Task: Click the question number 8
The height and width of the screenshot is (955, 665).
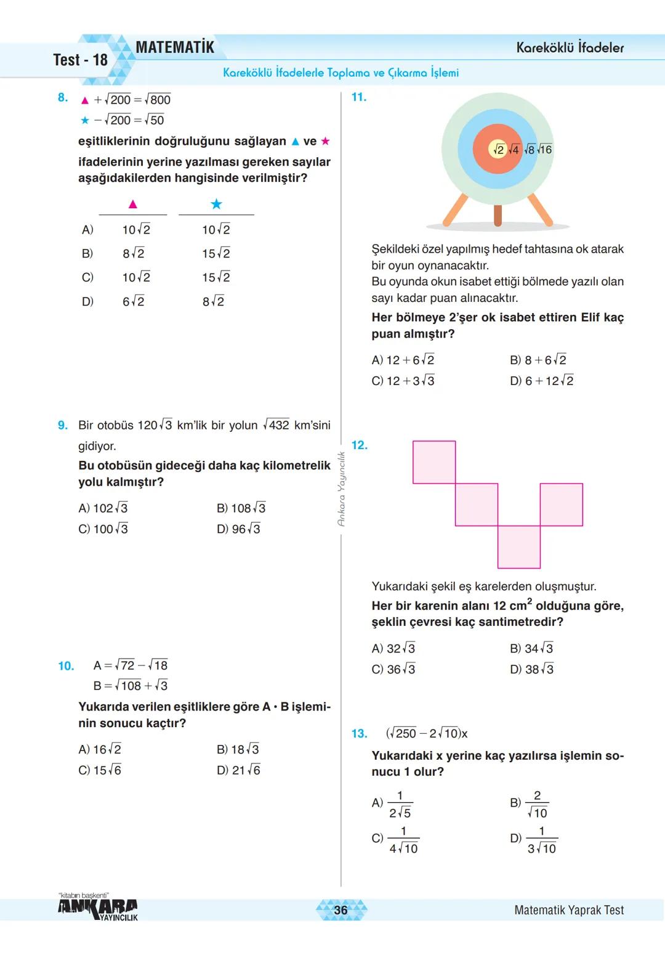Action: tap(62, 97)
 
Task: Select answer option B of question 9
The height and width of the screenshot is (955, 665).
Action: tap(241, 508)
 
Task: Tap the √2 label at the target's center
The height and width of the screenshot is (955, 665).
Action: tap(498, 150)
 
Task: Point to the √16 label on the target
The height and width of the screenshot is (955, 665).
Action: tap(544, 150)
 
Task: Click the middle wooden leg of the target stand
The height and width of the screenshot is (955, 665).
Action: tap(498, 215)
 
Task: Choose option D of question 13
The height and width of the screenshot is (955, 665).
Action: tap(534, 839)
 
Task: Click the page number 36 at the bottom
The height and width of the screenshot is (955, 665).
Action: tap(341, 910)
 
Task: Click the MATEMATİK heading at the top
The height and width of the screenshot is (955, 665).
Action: tap(175, 47)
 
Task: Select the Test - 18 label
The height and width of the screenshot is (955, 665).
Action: tap(80, 60)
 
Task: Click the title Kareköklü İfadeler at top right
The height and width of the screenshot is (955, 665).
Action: tap(570, 47)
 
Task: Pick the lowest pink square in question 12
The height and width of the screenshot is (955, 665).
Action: tap(518, 547)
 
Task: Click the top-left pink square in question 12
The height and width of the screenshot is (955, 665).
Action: tap(434, 462)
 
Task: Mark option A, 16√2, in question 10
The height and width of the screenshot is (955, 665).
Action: tap(100, 749)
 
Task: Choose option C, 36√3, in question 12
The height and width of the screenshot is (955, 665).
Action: tap(393, 669)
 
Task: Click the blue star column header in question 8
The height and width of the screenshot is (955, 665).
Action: tap(216, 204)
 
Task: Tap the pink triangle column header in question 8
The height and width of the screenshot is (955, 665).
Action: tap(132, 204)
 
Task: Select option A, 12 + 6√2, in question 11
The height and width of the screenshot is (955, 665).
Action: tap(403, 360)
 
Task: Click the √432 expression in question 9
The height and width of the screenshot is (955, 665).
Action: tap(276, 425)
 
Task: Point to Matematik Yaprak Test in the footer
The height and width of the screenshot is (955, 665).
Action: tap(568, 910)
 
